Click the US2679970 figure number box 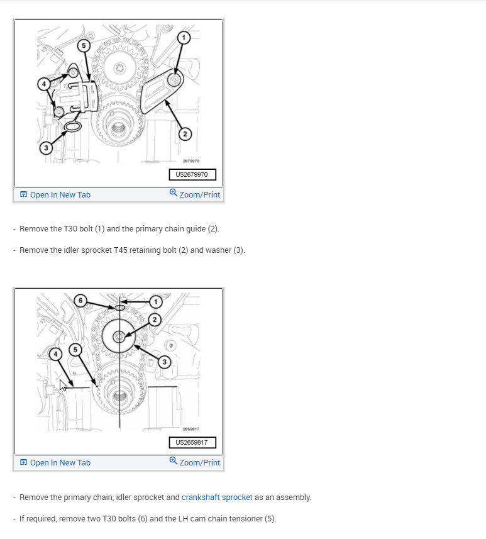pyautogui.click(x=192, y=174)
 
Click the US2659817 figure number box pyautogui.click(x=192, y=442)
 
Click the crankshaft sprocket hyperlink pyautogui.click(x=217, y=497)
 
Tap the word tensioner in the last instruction pyautogui.click(x=246, y=518)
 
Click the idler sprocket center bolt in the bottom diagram pyautogui.click(x=119, y=336)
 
